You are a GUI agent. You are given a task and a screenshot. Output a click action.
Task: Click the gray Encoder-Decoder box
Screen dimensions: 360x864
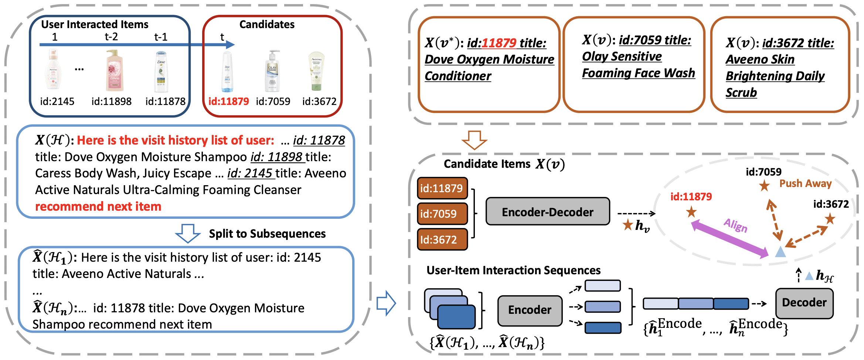pos(547,212)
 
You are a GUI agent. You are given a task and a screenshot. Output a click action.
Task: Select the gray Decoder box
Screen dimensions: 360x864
pos(804,303)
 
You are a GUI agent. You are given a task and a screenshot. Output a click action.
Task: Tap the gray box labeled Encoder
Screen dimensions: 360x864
pos(530,310)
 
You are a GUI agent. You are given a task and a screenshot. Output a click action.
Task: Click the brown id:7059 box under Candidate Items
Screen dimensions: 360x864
pos(442,214)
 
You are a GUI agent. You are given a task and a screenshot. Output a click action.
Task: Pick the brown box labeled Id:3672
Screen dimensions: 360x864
pos(442,240)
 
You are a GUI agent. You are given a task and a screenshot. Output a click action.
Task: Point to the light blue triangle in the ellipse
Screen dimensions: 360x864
pos(780,252)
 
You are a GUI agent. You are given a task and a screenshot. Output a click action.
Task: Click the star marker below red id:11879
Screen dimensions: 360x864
pos(691,213)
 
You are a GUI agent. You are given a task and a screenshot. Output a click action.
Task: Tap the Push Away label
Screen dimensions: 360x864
pos(805,183)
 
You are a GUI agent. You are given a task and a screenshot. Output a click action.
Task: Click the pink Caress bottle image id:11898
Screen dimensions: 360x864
pos(115,71)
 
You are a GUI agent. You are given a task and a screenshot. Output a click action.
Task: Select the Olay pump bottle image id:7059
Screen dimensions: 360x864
pos(272,71)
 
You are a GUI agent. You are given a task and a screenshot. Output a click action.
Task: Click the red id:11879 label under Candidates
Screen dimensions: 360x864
pos(228,101)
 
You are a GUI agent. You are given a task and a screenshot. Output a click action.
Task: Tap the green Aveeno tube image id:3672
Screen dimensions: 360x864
pos(316,71)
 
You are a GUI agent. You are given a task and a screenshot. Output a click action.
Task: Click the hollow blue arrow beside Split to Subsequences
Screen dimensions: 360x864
pos(188,233)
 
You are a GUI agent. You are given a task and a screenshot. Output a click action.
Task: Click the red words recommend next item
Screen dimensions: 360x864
pos(98,206)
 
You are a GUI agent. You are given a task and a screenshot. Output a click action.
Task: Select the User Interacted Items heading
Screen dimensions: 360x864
pos(95,24)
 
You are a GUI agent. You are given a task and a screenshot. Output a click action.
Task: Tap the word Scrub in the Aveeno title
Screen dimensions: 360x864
pos(741,92)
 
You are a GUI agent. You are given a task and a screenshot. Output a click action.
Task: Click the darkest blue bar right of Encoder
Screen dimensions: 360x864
pos(603,328)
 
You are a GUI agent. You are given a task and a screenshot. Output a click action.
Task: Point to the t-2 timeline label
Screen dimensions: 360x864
pos(111,37)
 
